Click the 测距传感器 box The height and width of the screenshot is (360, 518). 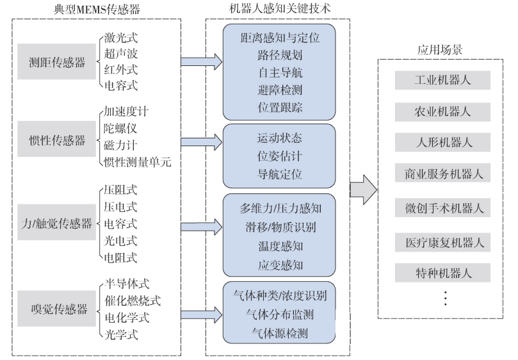(x=56, y=61)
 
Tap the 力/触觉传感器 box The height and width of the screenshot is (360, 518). (x=56, y=224)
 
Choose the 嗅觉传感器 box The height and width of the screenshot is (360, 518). (x=57, y=309)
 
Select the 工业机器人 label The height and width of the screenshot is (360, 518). (x=442, y=80)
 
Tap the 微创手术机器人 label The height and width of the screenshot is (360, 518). (x=442, y=208)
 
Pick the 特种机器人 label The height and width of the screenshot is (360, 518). (x=442, y=273)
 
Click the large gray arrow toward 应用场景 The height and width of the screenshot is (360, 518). (x=363, y=190)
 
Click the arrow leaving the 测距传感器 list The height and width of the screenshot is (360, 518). (x=200, y=62)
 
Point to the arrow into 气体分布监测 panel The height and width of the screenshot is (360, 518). (x=200, y=314)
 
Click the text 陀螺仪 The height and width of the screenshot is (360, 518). (x=120, y=128)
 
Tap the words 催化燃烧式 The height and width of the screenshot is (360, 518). (x=132, y=300)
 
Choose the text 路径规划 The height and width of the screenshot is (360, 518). (x=279, y=54)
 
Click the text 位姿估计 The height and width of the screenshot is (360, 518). (x=279, y=156)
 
